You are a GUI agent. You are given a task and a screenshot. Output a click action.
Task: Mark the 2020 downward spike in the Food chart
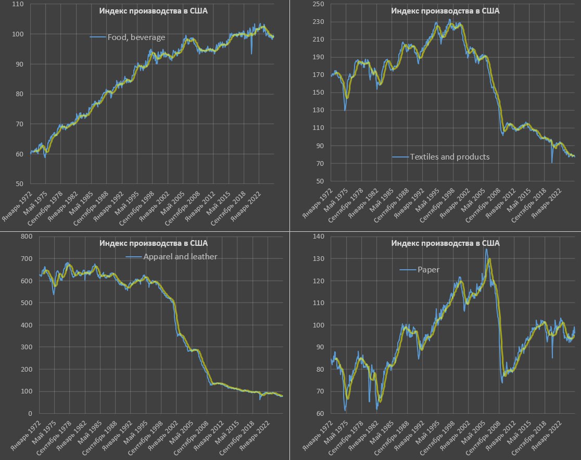click(251, 53)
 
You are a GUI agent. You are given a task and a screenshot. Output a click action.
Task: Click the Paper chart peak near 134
click(486, 249)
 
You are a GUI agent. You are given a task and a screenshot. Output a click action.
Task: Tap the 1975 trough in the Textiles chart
click(345, 110)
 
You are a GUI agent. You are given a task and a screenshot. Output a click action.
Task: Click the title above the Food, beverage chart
click(154, 11)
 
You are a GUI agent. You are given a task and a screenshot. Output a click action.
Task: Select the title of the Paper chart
click(445, 243)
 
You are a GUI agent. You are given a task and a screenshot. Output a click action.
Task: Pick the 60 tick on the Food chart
click(19, 154)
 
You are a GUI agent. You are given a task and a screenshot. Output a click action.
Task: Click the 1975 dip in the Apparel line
click(54, 294)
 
